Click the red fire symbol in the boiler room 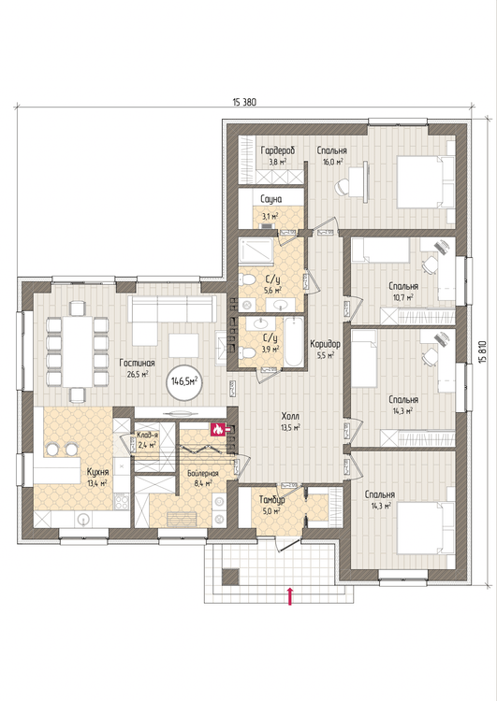click(x=217, y=430)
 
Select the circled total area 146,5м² click(x=184, y=381)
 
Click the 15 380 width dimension click(x=244, y=102)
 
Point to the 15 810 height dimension click(x=482, y=352)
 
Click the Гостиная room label click(x=137, y=363)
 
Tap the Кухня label click(x=97, y=472)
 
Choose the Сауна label click(x=270, y=199)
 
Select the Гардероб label click(x=278, y=150)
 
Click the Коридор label click(x=325, y=344)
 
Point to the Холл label click(x=290, y=416)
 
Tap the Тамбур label click(x=272, y=500)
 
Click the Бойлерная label click(x=203, y=473)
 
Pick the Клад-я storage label click(x=147, y=435)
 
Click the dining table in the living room click(x=78, y=351)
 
